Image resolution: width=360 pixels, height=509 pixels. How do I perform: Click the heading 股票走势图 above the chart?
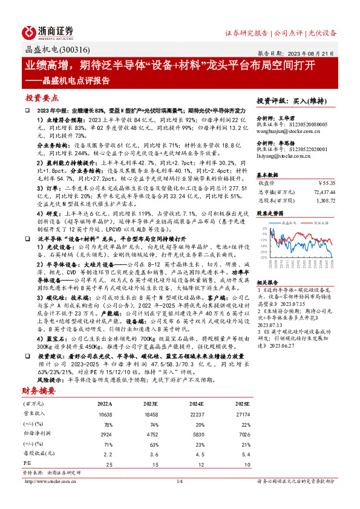tap(270, 213)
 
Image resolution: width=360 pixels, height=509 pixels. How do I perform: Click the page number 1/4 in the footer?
tap(179, 481)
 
